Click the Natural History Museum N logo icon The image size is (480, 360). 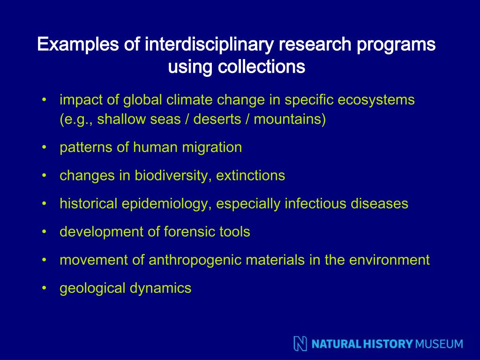click(x=300, y=344)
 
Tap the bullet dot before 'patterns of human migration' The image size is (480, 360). click(x=44, y=148)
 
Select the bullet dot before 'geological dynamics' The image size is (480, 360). click(x=44, y=288)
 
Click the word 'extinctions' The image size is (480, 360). click(x=250, y=176)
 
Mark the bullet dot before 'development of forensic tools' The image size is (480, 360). click(x=44, y=232)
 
